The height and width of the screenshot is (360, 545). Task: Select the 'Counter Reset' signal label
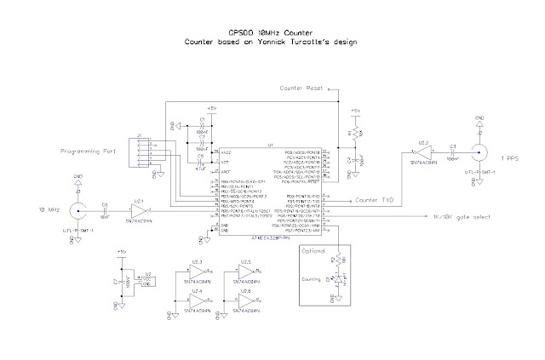point(305,89)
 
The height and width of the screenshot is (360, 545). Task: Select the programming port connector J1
point(137,151)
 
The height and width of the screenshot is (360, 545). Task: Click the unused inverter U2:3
point(195,271)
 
